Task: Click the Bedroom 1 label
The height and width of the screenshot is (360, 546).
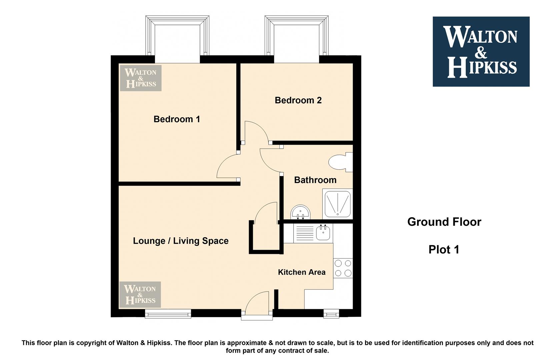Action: click(177, 119)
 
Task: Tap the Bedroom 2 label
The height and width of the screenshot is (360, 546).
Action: click(298, 100)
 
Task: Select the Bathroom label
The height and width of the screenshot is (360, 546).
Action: click(315, 180)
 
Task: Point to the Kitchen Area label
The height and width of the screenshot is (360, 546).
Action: click(302, 272)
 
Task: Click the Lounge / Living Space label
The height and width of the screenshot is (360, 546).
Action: click(181, 241)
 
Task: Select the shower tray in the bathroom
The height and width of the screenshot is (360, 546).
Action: click(338, 204)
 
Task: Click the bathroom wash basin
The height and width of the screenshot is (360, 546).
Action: click(301, 212)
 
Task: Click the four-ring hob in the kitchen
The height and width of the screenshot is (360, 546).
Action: click(343, 268)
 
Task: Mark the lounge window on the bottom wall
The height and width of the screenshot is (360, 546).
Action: click(168, 314)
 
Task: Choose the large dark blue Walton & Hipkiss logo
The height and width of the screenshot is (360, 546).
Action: click(481, 51)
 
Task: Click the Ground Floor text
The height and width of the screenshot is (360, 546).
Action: click(444, 222)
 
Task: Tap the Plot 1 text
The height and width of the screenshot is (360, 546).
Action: click(444, 250)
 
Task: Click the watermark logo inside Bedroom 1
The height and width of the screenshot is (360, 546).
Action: click(141, 78)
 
